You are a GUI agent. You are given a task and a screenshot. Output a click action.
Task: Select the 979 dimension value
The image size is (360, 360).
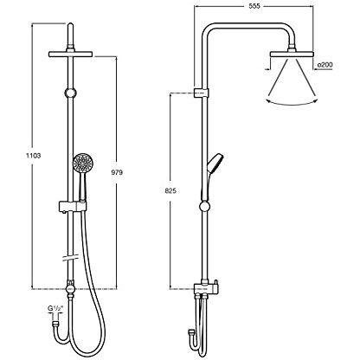click(117, 172)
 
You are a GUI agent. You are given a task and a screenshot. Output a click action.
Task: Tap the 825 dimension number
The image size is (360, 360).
click(170, 190)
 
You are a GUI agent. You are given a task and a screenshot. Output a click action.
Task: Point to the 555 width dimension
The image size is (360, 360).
click(254, 6)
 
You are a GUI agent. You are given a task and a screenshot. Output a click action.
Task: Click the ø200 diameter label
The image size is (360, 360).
click(325, 65)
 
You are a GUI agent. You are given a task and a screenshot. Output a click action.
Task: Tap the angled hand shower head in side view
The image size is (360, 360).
click(215, 164)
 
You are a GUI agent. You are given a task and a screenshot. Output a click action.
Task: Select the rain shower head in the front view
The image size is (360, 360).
click(71, 55)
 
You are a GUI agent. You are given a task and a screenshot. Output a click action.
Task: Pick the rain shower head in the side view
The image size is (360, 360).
click(292, 55)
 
